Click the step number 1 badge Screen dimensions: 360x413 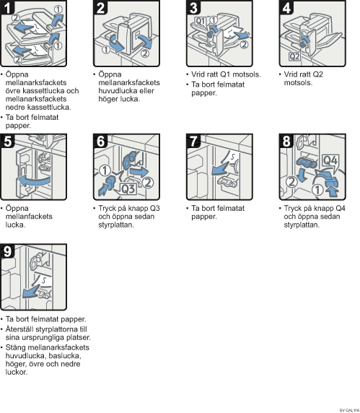coord(7,6)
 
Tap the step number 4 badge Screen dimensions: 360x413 coord(286,6)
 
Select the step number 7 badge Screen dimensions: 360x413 coord(193,141)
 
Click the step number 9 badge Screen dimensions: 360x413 coord(7,251)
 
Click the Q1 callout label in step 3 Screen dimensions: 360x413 coord(201,21)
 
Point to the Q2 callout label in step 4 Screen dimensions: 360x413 coord(294,56)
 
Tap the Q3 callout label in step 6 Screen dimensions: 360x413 coord(128,189)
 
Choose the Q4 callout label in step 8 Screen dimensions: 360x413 coord(330,160)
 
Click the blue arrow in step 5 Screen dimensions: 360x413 coord(34,181)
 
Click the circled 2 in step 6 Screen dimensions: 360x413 coord(148,182)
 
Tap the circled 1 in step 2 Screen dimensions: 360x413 coord(106,49)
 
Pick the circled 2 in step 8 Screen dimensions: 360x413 coord(291,182)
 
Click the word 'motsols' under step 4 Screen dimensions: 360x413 coord(297,83)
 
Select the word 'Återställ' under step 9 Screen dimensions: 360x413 coord(19,329)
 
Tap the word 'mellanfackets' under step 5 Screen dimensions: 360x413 coord(29,217)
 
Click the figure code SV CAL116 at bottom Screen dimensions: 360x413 coord(349,410)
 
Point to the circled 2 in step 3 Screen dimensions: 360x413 coord(245,44)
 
